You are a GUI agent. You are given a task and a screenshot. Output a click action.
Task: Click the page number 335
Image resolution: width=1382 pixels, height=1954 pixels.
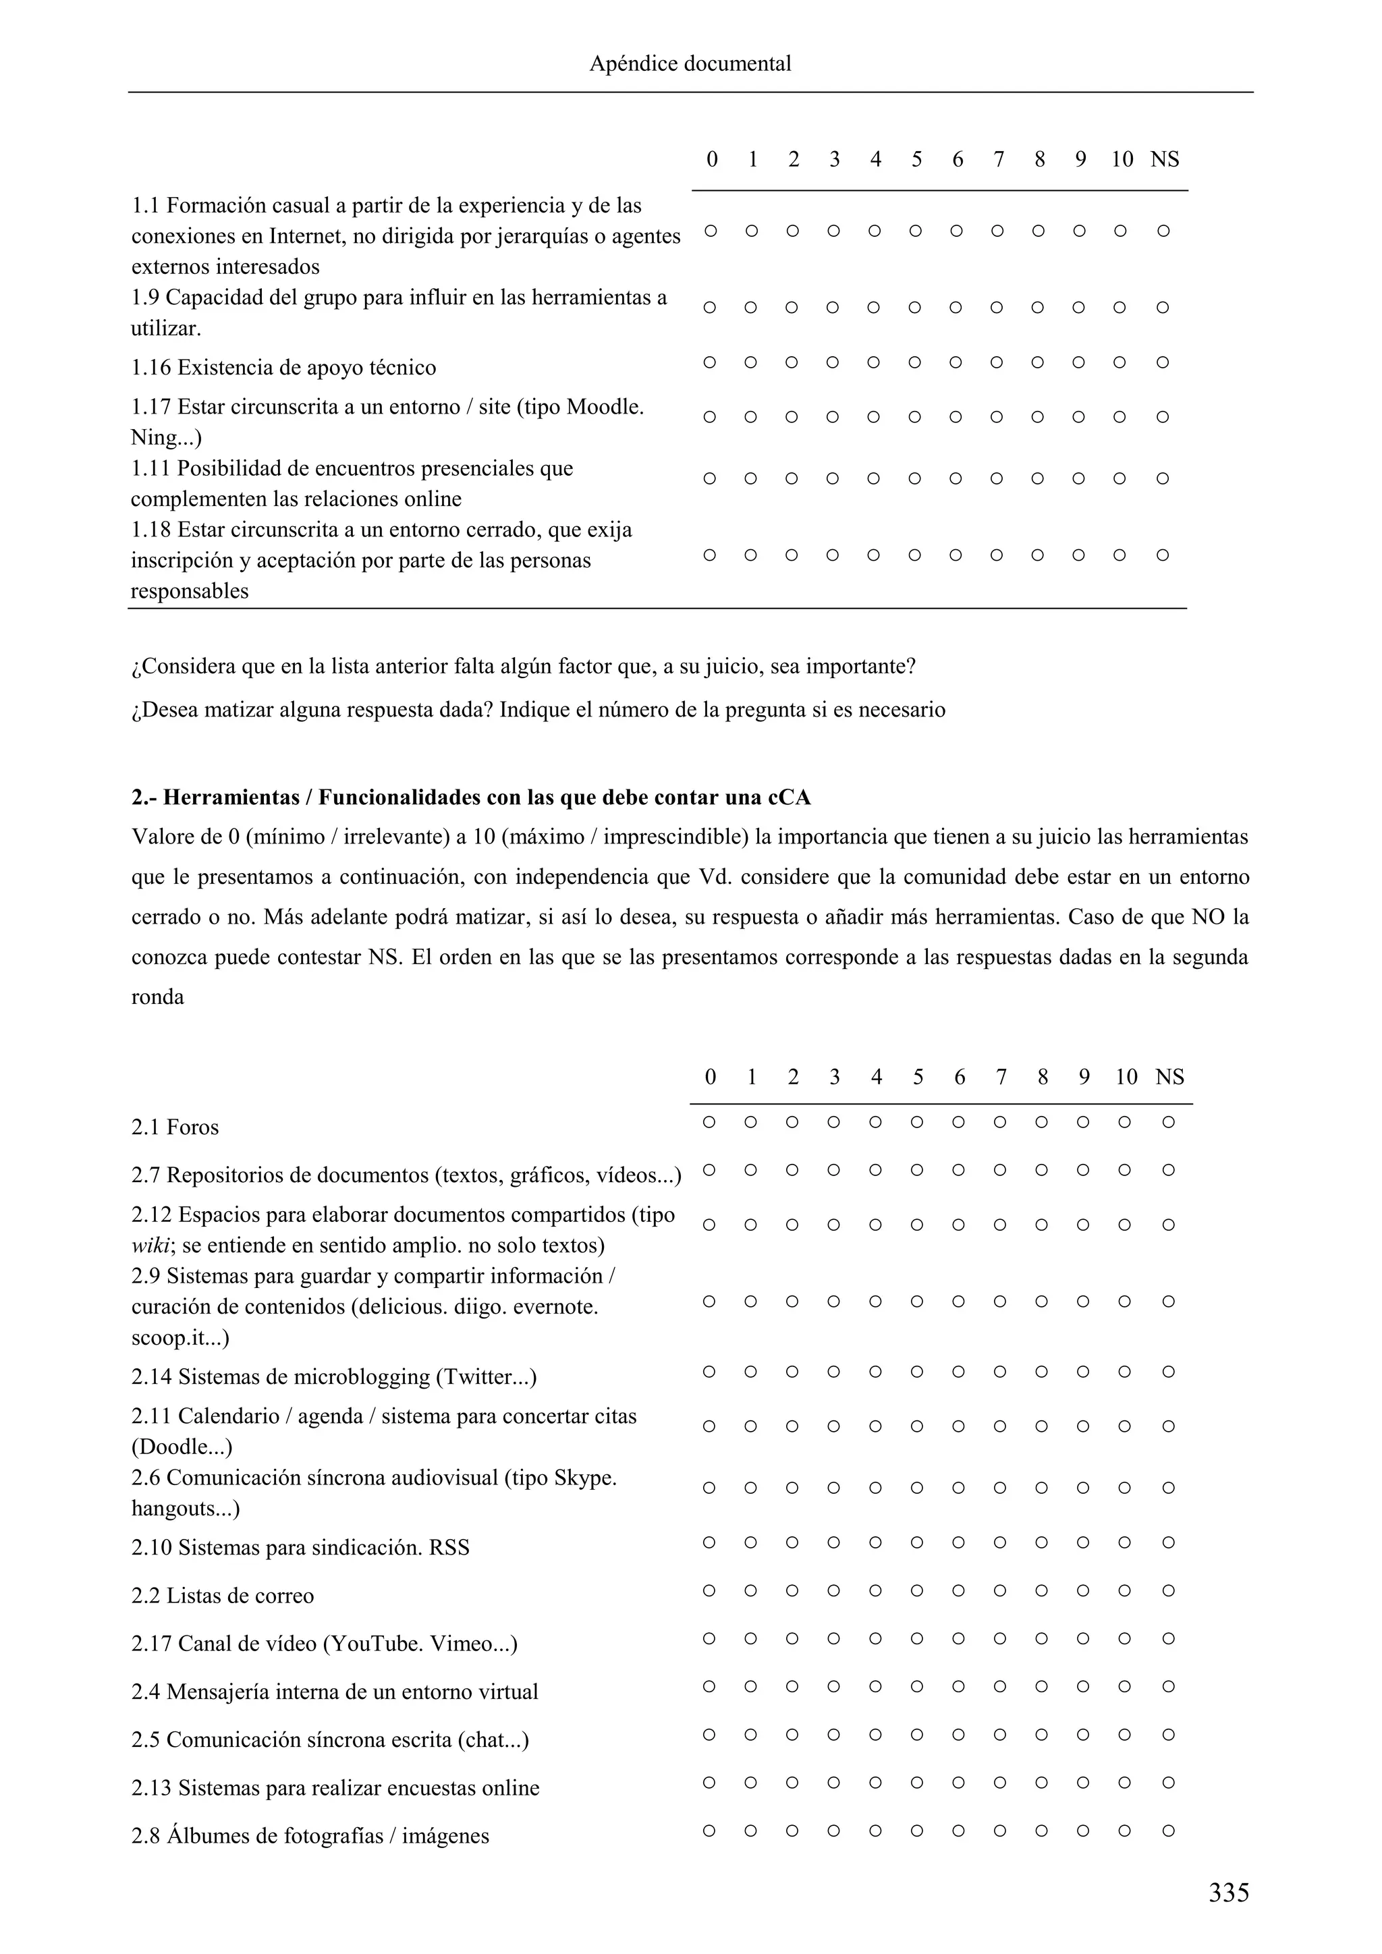click(x=1228, y=1893)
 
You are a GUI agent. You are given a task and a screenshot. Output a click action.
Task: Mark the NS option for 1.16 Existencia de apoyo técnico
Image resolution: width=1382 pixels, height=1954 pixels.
click(x=1163, y=362)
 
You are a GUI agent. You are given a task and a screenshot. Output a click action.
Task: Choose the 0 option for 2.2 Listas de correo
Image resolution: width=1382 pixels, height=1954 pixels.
click(x=709, y=1590)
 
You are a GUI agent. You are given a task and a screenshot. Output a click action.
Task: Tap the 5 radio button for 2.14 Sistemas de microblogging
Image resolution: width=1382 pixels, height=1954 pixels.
click(x=916, y=1372)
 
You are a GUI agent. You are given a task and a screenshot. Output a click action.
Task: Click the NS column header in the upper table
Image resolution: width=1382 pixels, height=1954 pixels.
click(x=1164, y=160)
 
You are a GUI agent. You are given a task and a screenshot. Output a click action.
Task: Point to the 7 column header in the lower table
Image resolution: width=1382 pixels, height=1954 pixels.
click(x=1001, y=1078)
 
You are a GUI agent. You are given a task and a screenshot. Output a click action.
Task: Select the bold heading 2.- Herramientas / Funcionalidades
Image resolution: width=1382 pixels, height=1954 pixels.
click(x=470, y=798)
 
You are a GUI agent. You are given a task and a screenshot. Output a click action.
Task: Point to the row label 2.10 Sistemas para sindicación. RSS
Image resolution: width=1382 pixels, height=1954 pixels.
click(x=300, y=1547)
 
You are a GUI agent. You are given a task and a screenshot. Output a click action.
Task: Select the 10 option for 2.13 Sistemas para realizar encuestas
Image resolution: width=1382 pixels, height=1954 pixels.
click(x=1124, y=1782)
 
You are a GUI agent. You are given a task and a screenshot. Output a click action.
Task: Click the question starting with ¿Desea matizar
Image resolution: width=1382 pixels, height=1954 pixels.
click(x=538, y=710)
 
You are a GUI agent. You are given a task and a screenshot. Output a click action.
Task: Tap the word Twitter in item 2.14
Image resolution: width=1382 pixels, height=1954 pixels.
click(x=482, y=1377)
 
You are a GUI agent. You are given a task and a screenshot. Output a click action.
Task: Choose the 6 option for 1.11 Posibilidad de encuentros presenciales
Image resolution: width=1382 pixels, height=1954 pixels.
click(x=956, y=479)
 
